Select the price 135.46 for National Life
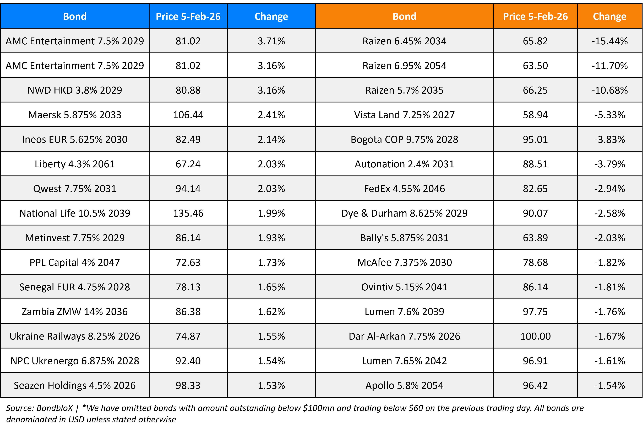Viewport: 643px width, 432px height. pos(188,213)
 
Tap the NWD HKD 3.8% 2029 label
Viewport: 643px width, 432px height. pos(75,90)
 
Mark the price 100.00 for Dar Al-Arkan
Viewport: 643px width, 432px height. pos(535,336)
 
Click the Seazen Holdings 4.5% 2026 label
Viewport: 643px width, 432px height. pos(75,385)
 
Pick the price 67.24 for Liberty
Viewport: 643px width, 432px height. pos(188,164)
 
